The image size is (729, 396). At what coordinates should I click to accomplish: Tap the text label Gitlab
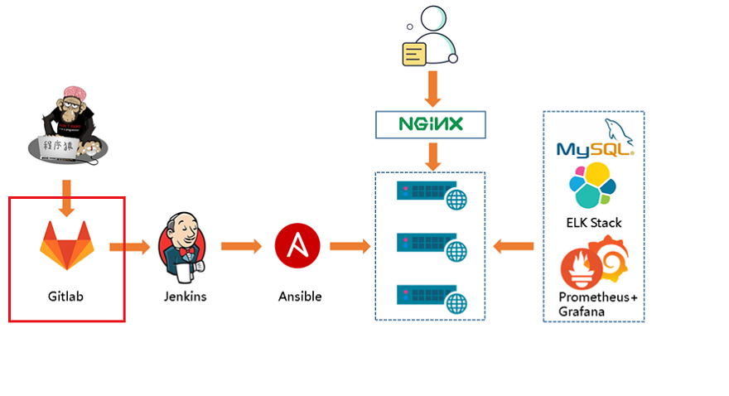click(x=66, y=296)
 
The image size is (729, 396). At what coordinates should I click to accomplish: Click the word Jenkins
click(x=184, y=296)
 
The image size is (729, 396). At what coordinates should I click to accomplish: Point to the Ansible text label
click(x=300, y=296)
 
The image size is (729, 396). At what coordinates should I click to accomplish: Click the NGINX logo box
click(x=430, y=124)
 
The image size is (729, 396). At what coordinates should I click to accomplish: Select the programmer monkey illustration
click(x=65, y=124)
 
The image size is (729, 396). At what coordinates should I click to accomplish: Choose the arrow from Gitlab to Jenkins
click(x=129, y=246)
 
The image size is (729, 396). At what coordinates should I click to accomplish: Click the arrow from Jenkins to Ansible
click(x=241, y=246)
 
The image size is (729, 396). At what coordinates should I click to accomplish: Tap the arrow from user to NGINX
click(x=431, y=88)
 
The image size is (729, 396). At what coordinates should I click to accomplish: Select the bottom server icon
click(x=430, y=295)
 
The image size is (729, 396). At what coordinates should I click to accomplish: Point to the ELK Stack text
click(x=594, y=222)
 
